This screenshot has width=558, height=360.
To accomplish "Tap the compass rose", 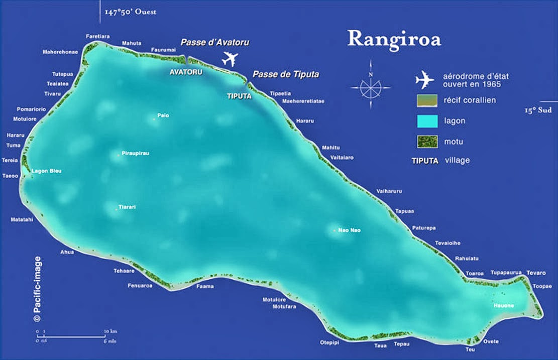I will point(370,86).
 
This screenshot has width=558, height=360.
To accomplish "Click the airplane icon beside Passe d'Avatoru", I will point(231,59).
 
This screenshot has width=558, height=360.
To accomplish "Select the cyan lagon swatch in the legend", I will point(426,121).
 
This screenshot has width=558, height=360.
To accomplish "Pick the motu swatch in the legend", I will point(426,142).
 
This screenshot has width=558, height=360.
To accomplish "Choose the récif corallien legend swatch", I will point(426,100).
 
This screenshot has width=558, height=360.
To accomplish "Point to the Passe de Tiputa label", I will point(286,74).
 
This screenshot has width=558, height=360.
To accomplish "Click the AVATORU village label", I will point(186,72).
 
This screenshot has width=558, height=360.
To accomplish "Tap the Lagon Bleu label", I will point(46,171).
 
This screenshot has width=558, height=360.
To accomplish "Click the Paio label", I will point(163,115).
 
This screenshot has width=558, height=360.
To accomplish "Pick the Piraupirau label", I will point(135,153).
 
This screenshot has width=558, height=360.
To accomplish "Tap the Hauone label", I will point(503,306).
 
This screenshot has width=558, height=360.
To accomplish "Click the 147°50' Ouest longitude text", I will point(131,12).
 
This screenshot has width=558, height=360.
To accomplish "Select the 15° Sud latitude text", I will point(538,110).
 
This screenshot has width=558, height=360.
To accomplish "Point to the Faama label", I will point(205,287).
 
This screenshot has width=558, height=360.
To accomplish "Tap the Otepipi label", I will point(330,342).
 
